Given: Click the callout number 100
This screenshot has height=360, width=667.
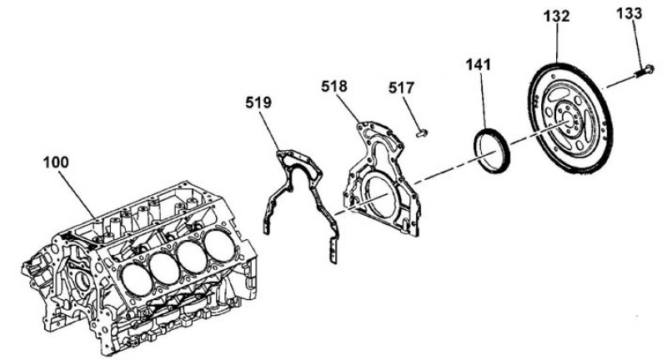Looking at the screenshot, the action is tap(56, 162).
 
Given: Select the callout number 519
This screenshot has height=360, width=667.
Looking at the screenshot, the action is tap(258, 102).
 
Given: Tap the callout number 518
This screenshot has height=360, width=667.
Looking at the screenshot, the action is tap(334, 87).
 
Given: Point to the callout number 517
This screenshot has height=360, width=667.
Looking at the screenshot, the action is tap(401, 87).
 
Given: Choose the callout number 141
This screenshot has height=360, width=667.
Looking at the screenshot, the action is tap(478, 65).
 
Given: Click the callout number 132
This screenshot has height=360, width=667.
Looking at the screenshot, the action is tap(556, 16).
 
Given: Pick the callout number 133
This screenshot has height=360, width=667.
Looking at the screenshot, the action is tap(629, 13).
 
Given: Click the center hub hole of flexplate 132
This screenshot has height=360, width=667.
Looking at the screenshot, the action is tap(567, 119).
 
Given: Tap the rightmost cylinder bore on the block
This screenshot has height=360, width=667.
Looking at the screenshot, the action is tap(218, 246).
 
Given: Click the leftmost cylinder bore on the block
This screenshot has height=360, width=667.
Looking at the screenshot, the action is tap(137, 280).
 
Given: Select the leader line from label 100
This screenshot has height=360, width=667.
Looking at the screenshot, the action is tap(76, 194).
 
